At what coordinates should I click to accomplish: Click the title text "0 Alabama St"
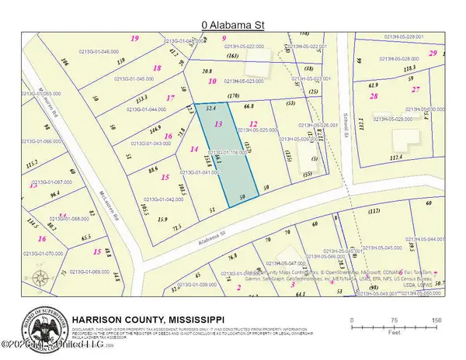pos(233,25)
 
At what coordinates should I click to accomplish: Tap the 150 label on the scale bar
pos(437,320)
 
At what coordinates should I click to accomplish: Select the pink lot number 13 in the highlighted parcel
pos(218,124)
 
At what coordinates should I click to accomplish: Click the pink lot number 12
pos(252,124)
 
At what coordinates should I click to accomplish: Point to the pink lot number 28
pos(374,95)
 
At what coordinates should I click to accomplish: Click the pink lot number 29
pos(432,54)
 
